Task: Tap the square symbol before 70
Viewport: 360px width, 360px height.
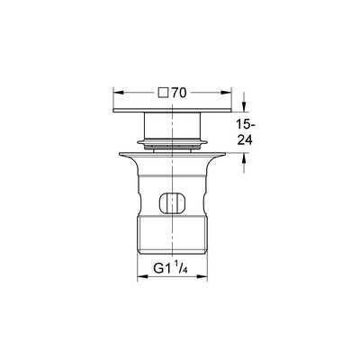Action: click(x=162, y=92)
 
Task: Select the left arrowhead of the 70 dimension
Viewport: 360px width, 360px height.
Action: click(x=113, y=92)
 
